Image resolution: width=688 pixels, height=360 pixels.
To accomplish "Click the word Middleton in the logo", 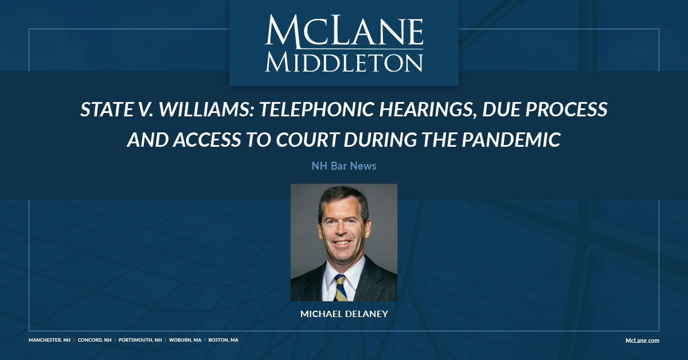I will pos(343,61).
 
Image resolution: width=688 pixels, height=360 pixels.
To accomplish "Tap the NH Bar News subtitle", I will pos(343,166).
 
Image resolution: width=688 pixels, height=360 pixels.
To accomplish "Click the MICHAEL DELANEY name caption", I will pos(343,314).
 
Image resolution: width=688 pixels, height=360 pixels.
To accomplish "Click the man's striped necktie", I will pos(341,287).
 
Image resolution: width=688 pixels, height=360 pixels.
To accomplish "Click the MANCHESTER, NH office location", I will pos(50,340).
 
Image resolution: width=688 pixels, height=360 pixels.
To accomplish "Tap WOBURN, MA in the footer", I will pos(185,340).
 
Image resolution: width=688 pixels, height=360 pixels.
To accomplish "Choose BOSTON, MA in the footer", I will pos(224,340).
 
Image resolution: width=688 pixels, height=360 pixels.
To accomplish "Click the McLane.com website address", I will pos(642,341).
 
